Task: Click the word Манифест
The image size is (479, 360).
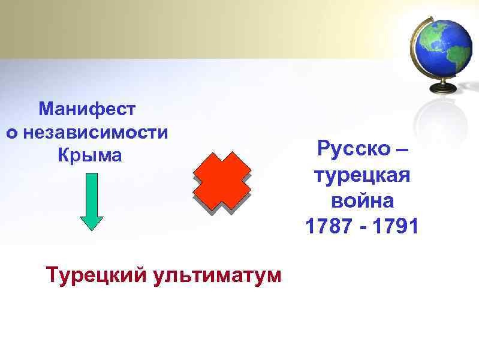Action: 87,109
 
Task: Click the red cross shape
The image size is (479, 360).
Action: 222,181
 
